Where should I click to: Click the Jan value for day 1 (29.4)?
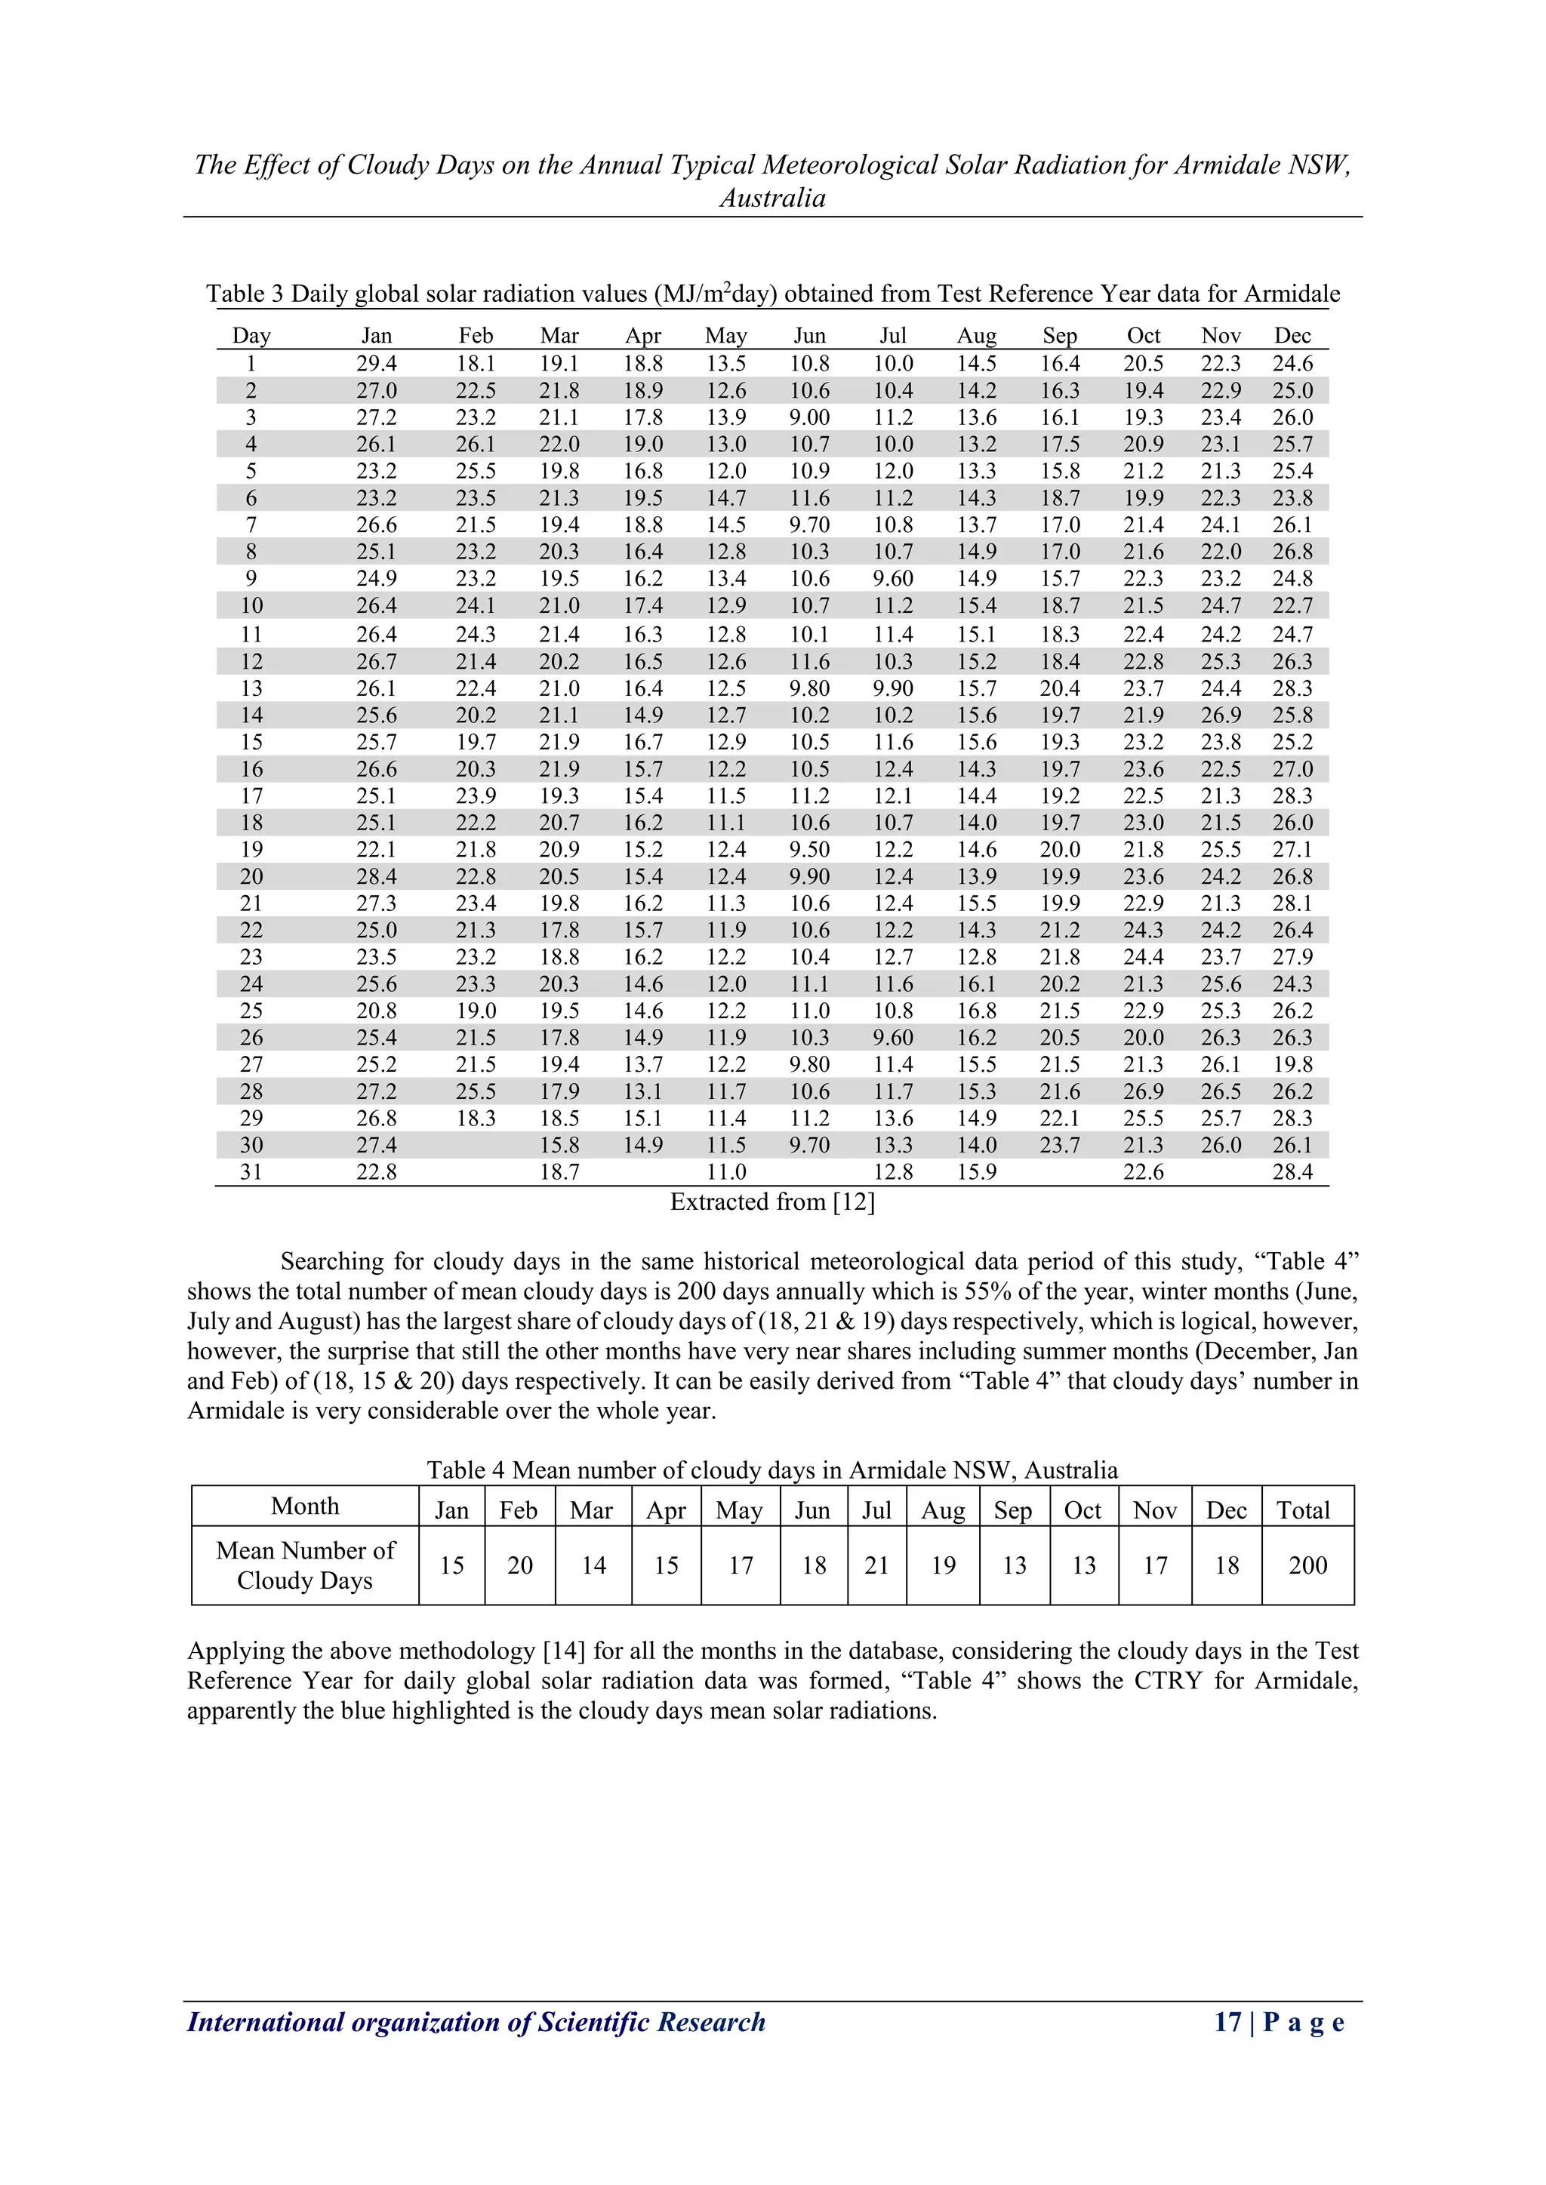376,364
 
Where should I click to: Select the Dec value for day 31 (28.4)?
1292,1172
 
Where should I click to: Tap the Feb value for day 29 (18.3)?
475,1119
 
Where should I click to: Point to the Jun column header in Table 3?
809,336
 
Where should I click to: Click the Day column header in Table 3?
251,336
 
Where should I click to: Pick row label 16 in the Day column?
251,769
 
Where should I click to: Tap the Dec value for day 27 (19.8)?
1292,1065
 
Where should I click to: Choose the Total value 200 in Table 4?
1307,1566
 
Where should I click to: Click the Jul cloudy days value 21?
876,1566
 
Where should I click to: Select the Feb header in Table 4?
519,1511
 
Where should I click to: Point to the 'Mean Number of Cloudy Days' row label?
305,1565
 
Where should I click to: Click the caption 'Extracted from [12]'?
772,1202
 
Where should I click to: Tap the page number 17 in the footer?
1227,2022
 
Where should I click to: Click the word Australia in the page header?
772,198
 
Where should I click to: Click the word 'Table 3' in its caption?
245,294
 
